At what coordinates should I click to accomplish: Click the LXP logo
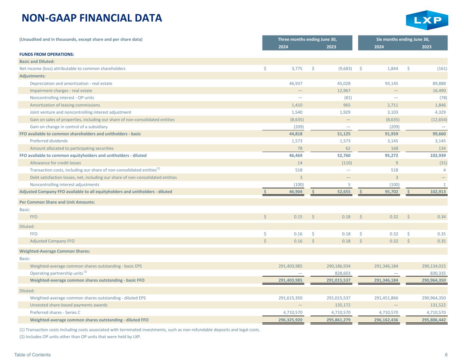pos(427,20)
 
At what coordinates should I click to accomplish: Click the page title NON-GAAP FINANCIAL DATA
pos(92,18)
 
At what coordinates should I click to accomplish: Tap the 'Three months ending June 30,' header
pos(307,40)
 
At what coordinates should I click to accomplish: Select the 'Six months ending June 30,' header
pos(403,40)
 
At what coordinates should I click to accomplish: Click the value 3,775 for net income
pos(297,69)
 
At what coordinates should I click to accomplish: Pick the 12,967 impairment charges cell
pos(344,91)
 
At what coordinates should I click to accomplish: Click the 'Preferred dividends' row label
pos(49,141)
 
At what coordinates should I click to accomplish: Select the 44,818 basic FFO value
pos(296,134)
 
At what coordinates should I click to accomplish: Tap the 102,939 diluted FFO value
pos(438,156)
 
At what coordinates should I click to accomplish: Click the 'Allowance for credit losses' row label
pos(55,163)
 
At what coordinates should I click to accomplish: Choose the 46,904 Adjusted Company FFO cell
pos(296,192)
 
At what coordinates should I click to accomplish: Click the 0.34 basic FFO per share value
pos(441,217)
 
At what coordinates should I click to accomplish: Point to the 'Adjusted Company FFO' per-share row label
pos(52,241)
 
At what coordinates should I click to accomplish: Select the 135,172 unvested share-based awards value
pos(342,305)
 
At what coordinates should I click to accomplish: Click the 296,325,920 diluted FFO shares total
pos(291,320)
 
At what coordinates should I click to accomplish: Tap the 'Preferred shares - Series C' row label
pos(55,313)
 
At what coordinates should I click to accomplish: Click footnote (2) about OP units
pos(80,337)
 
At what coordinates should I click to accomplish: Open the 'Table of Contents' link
pos(32,355)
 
